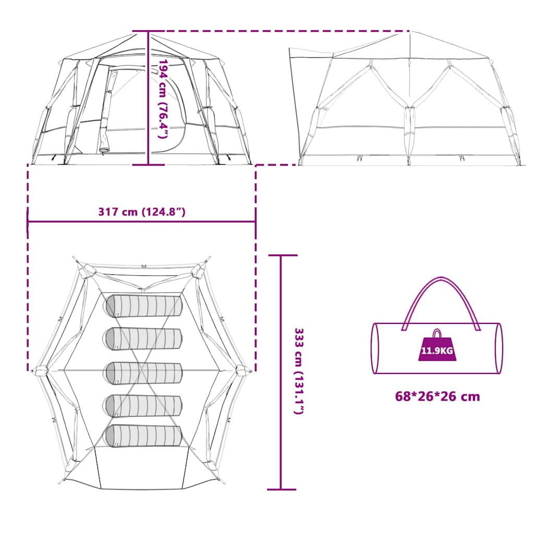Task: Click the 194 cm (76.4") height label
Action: click(x=163, y=99)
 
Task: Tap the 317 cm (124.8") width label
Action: click(x=142, y=212)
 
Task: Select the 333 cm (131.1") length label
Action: click(x=299, y=371)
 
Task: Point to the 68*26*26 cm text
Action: click(x=438, y=396)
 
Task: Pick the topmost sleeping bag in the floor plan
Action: click(x=144, y=306)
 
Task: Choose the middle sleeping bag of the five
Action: click(x=143, y=373)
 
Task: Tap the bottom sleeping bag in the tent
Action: click(x=143, y=435)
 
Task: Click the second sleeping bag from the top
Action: click(x=142, y=338)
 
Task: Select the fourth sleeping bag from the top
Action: click(x=143, y=406)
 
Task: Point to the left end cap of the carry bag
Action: click(x=375, y=348)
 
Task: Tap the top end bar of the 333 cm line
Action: click(x=283, y=255)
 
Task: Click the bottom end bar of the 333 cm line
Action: click(x=282, y=489)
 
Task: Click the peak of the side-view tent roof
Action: click(x=410, y=32)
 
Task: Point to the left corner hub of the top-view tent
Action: click(x=40, y=370)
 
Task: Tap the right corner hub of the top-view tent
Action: click(x=242, y=370)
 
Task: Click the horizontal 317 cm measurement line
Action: click(x=142, y=222)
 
